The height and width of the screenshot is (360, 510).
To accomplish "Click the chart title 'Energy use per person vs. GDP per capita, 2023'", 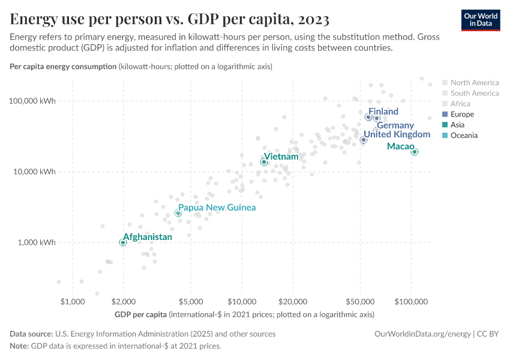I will click(x=169, y=20).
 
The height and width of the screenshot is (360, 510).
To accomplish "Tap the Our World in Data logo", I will click(x=480, y=20).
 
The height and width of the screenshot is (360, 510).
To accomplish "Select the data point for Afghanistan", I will click(x=123, y=242).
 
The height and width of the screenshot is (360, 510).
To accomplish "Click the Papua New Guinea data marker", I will click(x=178, y=213).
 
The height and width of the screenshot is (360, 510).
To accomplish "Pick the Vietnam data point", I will click(x=264, y=162).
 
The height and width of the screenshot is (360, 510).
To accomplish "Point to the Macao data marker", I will click(x=414, y=152).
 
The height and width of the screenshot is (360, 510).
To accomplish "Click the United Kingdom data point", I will click(x=364, y=140).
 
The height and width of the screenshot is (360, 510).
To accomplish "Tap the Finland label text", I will click(x=383, y=112).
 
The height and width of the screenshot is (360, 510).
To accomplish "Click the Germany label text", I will click(x=395, y=125).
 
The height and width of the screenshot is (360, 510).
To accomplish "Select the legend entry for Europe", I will click(x=462, y=114).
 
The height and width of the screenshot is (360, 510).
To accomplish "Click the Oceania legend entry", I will click(x=464, y=136).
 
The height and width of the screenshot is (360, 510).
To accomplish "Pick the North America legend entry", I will click(x=474, y=82).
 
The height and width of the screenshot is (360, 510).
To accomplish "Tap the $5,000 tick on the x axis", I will click(x=190, y=302).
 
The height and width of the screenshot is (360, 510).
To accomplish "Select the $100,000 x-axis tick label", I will click(x=411, y=302).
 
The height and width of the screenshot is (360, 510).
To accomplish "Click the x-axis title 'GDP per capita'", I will click(x=140, y=314).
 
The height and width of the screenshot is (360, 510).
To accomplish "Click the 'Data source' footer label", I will click(x=31, y=334).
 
